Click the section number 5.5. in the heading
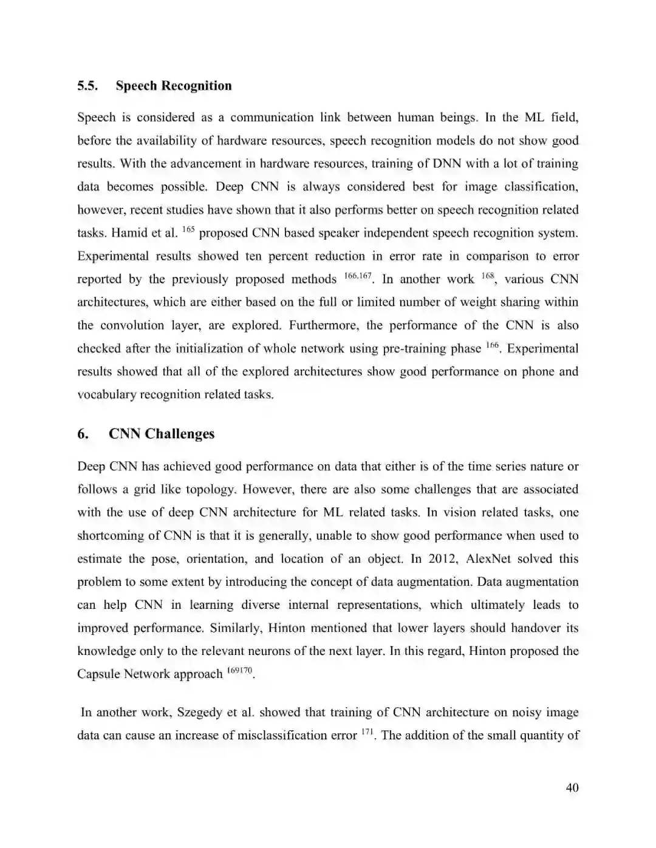point(87,86)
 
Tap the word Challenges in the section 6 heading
point(180,434)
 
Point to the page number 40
point(572,788)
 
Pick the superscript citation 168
point(488,276)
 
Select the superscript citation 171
point(367,732)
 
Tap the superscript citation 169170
point(239,671)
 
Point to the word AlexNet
point(491,559)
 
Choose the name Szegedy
point(199,713)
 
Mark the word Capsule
point(99,674)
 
